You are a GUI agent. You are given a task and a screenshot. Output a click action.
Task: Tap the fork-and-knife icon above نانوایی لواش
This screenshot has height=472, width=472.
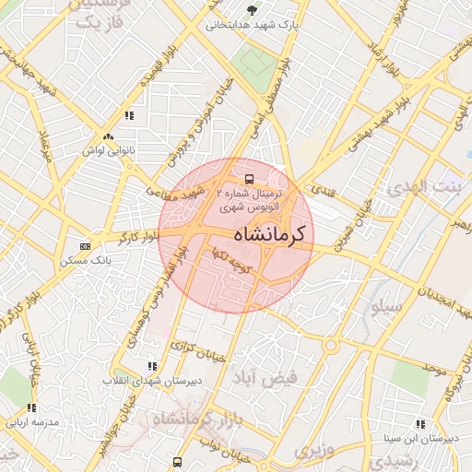pos(129,116)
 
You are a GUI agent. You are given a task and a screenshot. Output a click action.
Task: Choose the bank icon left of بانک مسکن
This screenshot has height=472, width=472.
pos(86,247)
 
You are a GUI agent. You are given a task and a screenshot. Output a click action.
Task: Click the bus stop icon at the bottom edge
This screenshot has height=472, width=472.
pos(176,462)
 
